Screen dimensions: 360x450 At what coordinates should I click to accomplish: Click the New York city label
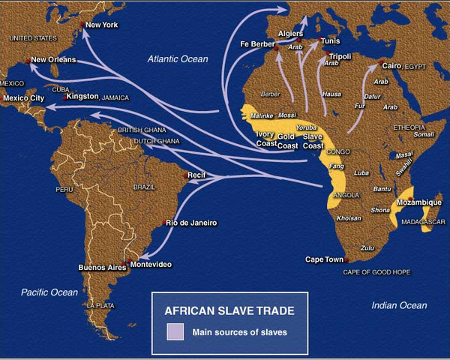click(103, 25)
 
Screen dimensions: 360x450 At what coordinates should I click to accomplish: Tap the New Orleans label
click(53, 60)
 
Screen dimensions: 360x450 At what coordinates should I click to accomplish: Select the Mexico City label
click(24, 98)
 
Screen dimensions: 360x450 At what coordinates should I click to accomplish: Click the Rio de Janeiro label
click(191, 223)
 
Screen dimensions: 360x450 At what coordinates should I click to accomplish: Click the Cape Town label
click(324, 259)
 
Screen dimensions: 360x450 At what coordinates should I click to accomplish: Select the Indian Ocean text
click(400, 305)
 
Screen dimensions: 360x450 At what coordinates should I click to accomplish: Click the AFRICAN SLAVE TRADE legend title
click(229, 309)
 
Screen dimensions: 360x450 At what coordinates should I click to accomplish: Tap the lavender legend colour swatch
click(175, 331)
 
